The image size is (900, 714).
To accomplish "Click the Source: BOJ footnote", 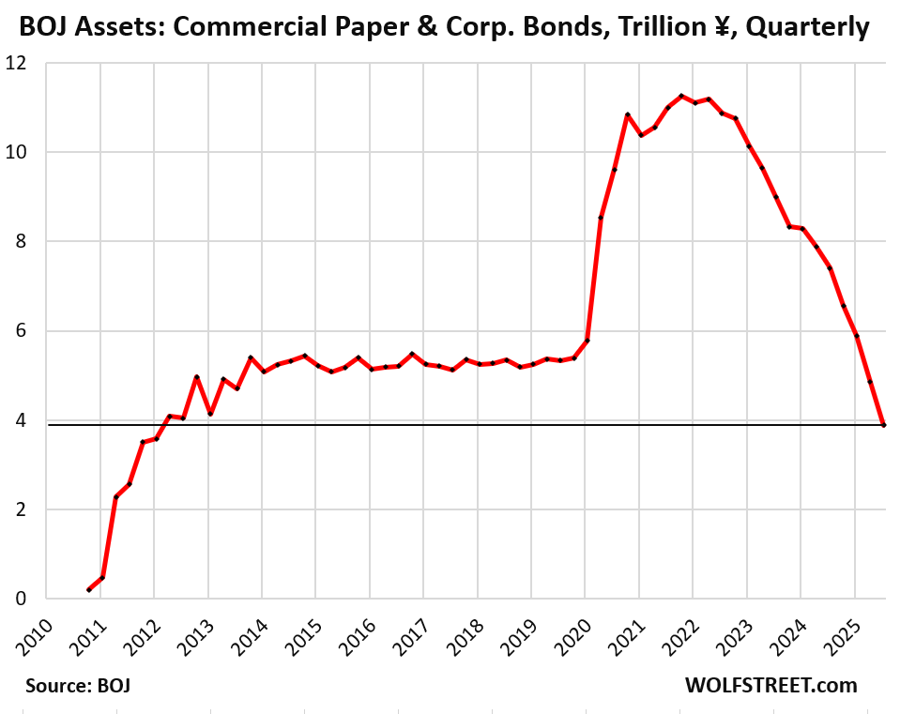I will point(79,685).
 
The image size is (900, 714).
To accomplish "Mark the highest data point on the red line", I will point(680,97).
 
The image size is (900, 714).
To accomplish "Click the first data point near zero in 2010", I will point(89,589).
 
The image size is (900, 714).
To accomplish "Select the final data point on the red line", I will point(883,425).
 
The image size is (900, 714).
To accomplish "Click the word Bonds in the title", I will point(524,27).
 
